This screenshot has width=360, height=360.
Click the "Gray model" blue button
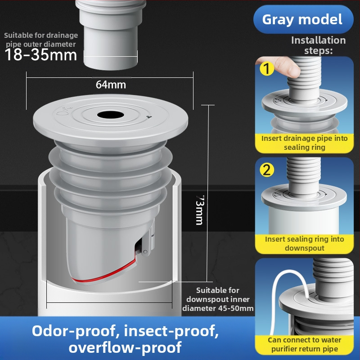303,19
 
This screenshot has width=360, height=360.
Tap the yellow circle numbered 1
267,68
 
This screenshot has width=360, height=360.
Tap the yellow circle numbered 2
267,170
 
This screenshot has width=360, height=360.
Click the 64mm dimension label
111,85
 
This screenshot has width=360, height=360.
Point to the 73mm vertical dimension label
200,210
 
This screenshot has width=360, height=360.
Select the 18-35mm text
40,55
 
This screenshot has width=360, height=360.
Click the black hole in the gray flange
110,115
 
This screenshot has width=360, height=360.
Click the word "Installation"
319,40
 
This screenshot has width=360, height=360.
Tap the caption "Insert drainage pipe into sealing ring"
305,143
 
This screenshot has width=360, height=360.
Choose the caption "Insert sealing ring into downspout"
305,243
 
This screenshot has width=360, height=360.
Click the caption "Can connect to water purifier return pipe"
305,344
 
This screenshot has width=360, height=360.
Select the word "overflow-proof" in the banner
125,347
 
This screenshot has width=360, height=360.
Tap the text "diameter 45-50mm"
218,308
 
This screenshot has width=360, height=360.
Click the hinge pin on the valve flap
145,252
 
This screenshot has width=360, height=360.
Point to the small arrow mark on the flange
149,117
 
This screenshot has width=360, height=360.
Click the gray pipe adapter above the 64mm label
110,35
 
